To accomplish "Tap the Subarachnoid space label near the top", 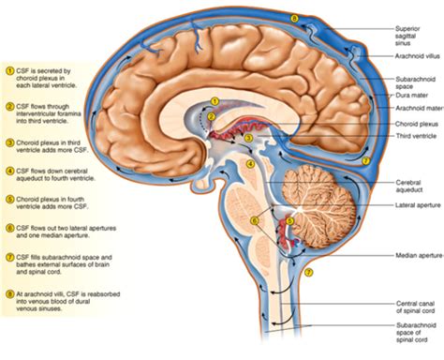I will [x=412, y=82].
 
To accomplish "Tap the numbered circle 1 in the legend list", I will [x=9, y=70].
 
